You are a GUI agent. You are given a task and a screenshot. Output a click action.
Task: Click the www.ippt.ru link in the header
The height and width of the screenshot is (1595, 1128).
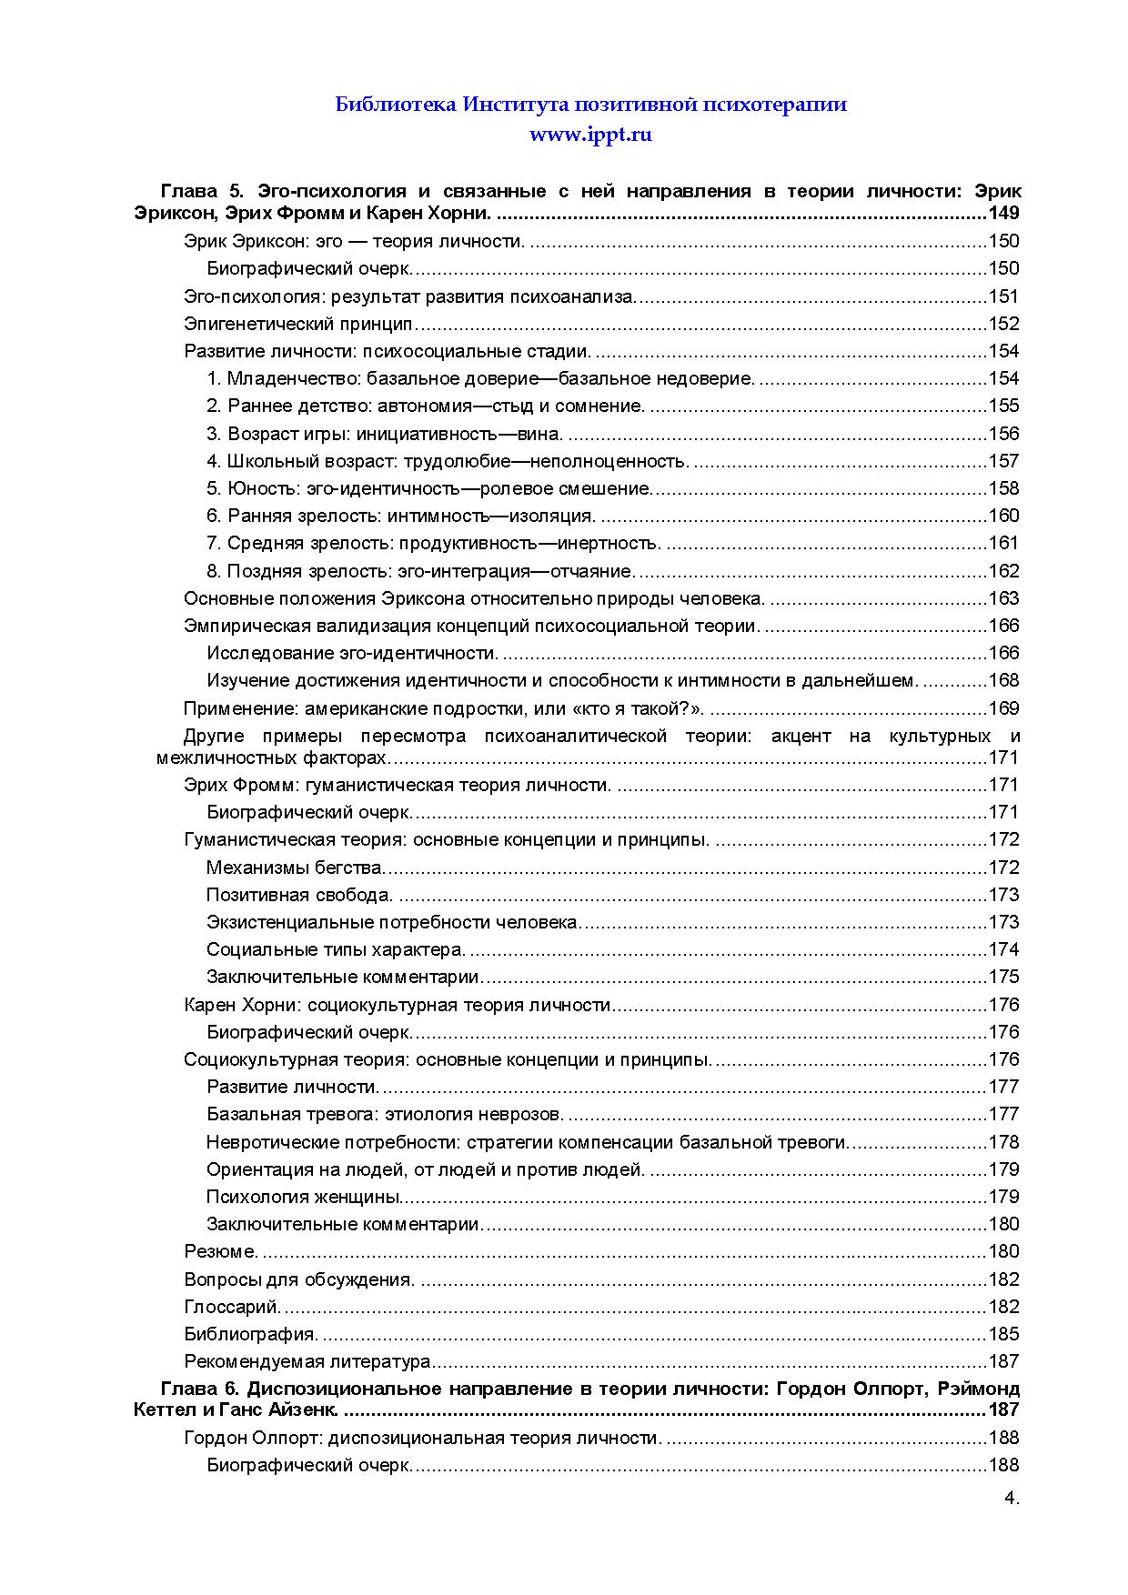point(591,135)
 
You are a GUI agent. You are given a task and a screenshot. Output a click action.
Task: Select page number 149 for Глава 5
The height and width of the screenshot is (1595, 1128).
point(1002,214)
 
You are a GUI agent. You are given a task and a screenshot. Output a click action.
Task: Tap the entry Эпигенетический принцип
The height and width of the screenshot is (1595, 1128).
point(298,324)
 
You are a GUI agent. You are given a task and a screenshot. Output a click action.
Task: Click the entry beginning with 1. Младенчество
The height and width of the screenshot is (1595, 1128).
point(479,378)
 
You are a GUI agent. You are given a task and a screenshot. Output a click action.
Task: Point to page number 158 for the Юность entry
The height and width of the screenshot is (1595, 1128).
point(1003,488)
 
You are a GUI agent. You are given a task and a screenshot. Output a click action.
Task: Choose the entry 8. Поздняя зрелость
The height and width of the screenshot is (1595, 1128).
point(419,571)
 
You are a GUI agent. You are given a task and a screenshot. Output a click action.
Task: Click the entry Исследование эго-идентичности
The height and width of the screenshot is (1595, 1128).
point(352,653)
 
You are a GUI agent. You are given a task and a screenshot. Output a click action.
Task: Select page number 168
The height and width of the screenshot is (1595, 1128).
point(1003,680)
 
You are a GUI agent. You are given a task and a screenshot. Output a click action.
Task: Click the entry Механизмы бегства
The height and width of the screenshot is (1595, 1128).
point(296,868)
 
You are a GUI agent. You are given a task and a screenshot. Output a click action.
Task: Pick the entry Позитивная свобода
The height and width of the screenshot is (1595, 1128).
point(299,895)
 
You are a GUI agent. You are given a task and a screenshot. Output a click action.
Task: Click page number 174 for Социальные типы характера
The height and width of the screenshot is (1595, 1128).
point(1003,949)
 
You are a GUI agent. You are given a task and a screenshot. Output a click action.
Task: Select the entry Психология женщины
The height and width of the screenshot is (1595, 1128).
point(304,1197)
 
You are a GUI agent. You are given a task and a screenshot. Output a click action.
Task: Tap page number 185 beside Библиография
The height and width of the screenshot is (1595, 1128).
point(1003,1334)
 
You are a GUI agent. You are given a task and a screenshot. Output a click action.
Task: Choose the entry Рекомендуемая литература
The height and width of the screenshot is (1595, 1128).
point(307,1361)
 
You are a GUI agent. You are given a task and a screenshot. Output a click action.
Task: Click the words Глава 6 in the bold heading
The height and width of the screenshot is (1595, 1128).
point(199,1389)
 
